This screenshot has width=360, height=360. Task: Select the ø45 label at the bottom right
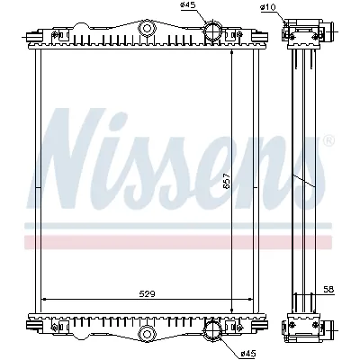click(248, 353)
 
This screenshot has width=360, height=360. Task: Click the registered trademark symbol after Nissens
click(328, 139)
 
